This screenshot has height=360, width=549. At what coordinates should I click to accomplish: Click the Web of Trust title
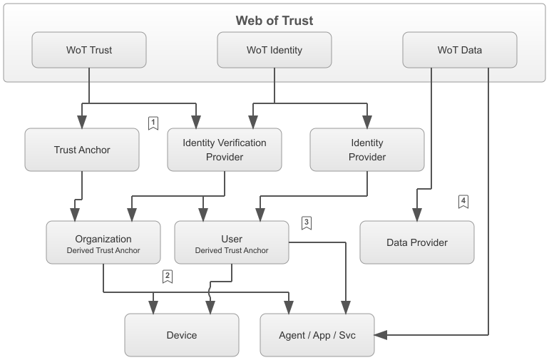[274, 20]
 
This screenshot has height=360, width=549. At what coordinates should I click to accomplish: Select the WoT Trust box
[88, 50]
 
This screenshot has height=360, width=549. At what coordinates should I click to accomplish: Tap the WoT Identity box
[274, 50]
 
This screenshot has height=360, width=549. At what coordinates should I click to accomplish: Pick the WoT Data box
[459, 50]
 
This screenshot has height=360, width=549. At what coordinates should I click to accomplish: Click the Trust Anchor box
[81, 150]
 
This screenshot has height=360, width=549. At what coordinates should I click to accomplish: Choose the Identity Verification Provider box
[225, 150]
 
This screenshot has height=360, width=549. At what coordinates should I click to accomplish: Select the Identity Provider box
[366, 150]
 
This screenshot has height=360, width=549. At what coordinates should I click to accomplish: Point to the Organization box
[103, 242]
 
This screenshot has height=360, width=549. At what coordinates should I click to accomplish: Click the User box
[232, 242]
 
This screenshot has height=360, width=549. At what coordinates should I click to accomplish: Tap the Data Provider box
[417, 242]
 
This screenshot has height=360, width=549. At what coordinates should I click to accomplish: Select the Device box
[182, 335]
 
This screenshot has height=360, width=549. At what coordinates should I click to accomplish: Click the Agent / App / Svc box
[317, 335]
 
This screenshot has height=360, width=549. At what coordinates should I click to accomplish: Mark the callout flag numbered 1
[153, 123]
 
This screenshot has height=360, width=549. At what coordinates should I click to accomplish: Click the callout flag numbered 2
[168, 276]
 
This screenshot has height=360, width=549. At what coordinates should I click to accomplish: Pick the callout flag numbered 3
[307, 223]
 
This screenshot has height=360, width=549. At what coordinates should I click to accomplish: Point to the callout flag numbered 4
[463, 202]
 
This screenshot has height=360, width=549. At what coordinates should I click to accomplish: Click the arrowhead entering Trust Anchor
[82, 123]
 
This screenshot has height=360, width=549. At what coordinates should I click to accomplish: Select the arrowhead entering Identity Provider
[367, 123]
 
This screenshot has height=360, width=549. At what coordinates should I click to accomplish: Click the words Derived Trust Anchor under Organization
[103, 250]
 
